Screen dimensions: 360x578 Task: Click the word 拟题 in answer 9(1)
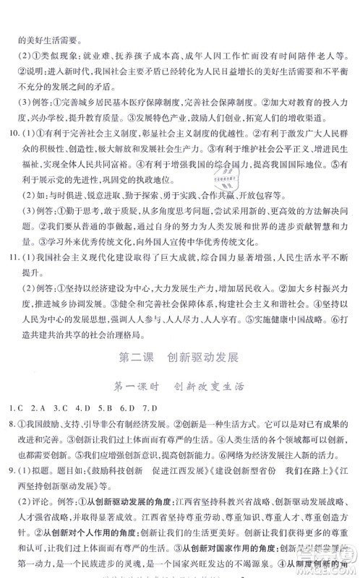tap(46, 505)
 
